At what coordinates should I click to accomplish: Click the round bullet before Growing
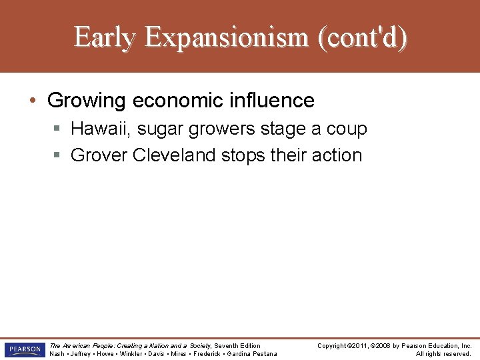[x=33, y=101]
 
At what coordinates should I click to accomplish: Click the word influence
[x=273, y=101]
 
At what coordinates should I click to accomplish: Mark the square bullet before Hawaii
[x=57, y=129]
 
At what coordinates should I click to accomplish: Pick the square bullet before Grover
[x=57, y=156]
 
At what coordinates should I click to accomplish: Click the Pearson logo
[x=24, y=350]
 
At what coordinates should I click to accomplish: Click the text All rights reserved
[x=443, y=354]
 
